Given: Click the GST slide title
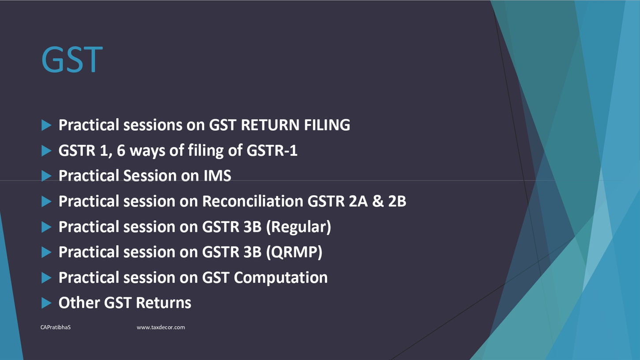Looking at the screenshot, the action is pos(72,60).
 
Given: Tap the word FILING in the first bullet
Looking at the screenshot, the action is pos(327,125).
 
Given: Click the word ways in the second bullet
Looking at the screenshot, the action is pos(147,151).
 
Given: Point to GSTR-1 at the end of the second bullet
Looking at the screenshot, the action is pos(272,151).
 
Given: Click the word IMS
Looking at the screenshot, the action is pos(217,175).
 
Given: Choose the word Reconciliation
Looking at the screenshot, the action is pos(252,201).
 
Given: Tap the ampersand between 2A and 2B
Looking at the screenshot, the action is pos(378,201).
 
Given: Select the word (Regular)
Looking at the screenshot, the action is pos(298,227).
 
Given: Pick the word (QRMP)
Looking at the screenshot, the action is pos(294,252).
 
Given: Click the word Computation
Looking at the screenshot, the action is pos(281,278).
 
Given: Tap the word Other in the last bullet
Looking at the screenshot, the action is pos(79,303).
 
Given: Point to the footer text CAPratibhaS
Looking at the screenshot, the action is pos(56,327).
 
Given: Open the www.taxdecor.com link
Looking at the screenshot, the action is pos(161,327).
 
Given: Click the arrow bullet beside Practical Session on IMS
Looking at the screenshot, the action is pos(46,176).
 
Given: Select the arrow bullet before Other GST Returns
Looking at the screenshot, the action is pos(46,303).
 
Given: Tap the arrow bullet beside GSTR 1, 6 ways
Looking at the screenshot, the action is pos(46,151).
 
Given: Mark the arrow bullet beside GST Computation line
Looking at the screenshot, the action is pos(46,278).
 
